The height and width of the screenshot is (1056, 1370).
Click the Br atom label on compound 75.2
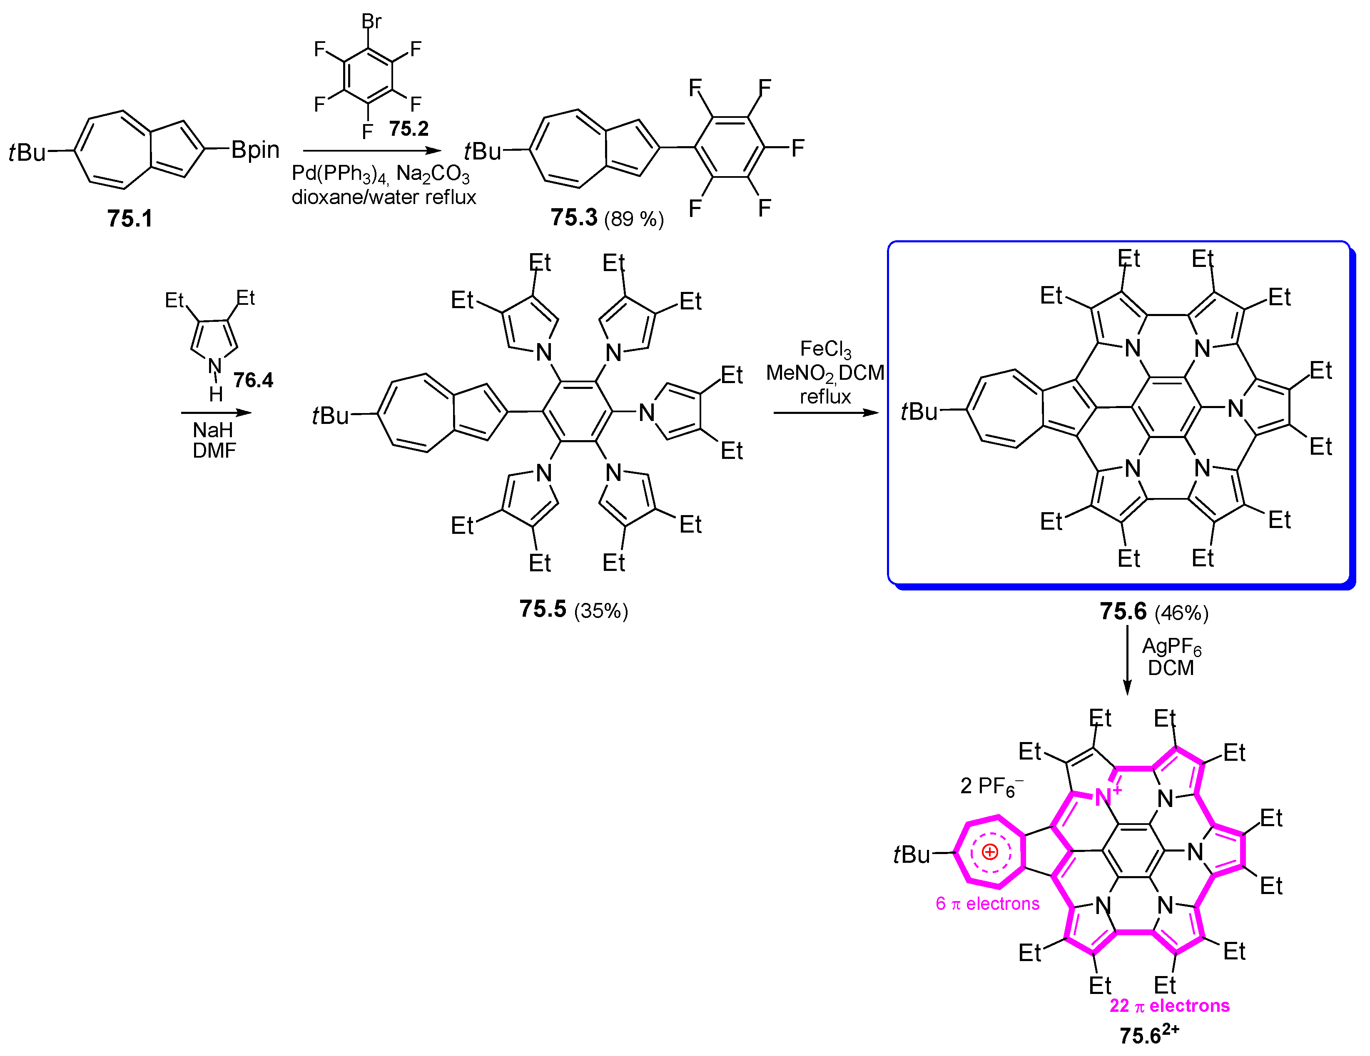click(x=371, y=21)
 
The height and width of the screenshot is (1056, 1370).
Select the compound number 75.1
click(x=130, y=218)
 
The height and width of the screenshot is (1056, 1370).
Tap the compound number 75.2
click(x=409, y=129)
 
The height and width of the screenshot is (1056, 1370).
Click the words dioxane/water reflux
click(x=383, y=197)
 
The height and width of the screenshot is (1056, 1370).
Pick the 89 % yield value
click(x=633, y=219)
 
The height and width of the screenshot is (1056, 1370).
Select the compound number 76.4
click(x=254, y=380)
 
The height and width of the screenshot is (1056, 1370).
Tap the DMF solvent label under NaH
click(x=214, y=451)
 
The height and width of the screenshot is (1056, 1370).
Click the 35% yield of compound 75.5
click(x=600, y=610)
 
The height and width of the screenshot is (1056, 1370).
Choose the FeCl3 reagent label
click(x=825, y=349)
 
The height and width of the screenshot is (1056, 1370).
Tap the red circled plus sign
click(x=990, y=852)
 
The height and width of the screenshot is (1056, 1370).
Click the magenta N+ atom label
click(x=1107, y=797)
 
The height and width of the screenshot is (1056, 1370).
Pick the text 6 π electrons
click(x=987, y=904)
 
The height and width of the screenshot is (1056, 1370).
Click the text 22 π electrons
click(x=1169, y=1005)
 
